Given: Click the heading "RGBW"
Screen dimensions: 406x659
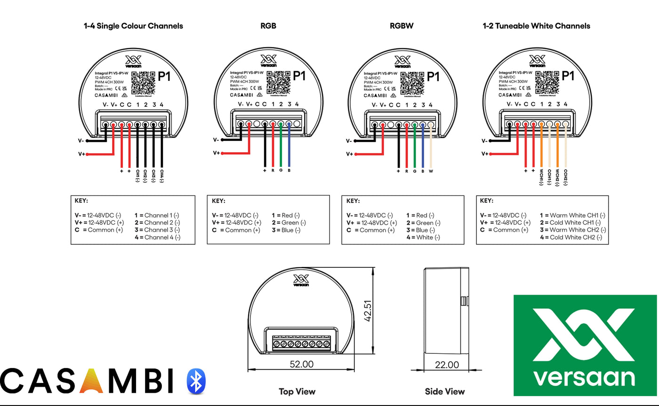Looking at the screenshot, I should [x=402, y=26].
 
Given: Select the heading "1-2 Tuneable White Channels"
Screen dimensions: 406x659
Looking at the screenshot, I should [x=536, y=26].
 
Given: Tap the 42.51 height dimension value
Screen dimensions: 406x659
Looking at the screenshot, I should [x=368, y=311].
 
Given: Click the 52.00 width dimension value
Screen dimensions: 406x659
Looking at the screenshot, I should [x=301, y=364].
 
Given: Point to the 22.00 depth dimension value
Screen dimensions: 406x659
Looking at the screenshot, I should [x=446, y=365].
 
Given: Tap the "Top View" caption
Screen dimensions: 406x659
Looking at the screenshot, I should [x=297, y=391].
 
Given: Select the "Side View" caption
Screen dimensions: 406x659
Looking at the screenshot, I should [x=444, y=391].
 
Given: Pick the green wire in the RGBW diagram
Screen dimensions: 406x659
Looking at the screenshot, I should [x=415, y=146].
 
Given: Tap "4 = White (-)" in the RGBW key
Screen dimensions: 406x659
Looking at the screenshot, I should [x=423, y=237].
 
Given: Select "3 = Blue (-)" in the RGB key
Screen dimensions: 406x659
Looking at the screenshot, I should [x=286, y=230].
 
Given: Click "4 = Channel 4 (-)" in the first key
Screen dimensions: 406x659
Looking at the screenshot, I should [x=157, y=237].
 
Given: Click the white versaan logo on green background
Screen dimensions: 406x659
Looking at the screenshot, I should [x=585, y=345].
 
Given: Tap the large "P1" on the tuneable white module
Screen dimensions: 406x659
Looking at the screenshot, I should [x=568, y=77].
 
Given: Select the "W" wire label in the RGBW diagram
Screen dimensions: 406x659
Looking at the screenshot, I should [x=431, y=172].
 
